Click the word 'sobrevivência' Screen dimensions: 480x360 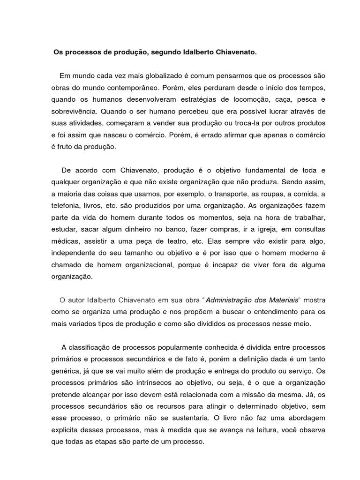(x=74, y=112)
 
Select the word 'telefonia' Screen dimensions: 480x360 (x=66, y=206)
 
